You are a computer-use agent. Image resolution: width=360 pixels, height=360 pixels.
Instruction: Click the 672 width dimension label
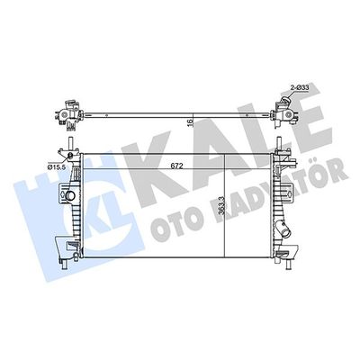pyautogui.click(x=177, y=166)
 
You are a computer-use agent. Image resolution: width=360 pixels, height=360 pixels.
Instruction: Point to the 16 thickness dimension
pyautogui.click(x=190, y=122)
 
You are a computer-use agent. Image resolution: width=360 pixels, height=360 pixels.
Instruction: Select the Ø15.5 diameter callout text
pyautogui.click(x=57, y=167)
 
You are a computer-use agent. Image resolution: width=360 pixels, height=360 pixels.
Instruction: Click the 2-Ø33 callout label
pyautogui.click(x=300, y=87)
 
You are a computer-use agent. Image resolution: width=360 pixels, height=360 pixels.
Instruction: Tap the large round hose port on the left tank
pyautogui.click(x=71, y=195)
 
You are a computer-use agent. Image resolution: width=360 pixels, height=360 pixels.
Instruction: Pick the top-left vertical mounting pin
pyautogui.click(x=70, y=143)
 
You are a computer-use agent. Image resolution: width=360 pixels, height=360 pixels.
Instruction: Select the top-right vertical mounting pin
pyautogui.click(x=278, y=143)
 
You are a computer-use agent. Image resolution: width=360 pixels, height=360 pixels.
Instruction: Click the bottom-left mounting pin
pyautogui.click(x=63, y=265)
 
